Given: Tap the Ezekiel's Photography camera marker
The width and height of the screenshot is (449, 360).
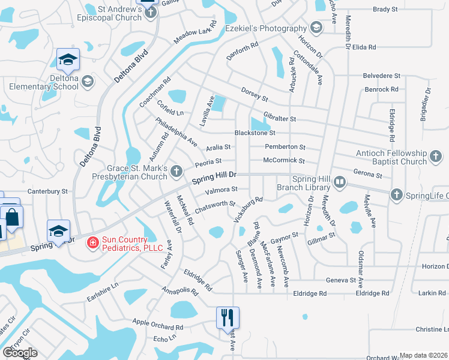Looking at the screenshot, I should coord(316,28).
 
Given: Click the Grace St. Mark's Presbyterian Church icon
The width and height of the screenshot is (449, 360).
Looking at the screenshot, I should coord(176,172).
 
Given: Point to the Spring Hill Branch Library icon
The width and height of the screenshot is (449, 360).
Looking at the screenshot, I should coord(339,182).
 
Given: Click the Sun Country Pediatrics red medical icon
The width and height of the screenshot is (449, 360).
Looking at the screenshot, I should coord(92,242).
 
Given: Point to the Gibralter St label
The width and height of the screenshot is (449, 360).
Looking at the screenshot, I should coord(280,119).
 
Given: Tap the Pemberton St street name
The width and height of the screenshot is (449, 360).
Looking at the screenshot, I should coord(285,147).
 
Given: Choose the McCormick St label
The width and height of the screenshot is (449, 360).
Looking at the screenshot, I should coord(285,161).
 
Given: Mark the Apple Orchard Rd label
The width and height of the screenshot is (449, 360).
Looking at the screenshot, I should coord(157,325).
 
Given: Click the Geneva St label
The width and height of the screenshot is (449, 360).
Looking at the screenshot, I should coord(340,280).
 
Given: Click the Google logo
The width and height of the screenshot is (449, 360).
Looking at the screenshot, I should coord(20,353).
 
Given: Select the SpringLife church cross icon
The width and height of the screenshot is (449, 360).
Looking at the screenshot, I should coord(396,195).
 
